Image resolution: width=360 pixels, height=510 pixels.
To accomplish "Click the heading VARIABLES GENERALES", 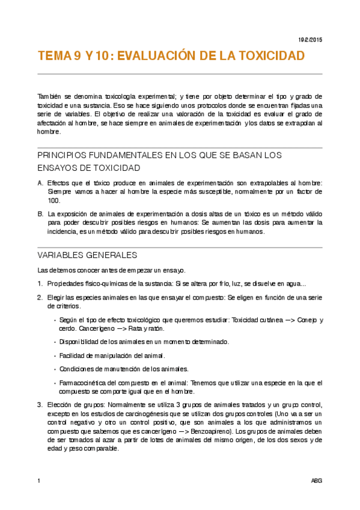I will [87, 255].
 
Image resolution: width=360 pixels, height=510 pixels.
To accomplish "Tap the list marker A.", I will [40, 183].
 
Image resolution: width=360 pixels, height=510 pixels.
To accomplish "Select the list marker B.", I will [40, 214].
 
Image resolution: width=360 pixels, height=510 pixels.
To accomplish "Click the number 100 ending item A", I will [53, 200].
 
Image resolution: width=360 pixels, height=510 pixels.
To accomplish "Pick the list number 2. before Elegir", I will [40, 298].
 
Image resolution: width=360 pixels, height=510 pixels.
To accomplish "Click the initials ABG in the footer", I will [316, 481].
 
